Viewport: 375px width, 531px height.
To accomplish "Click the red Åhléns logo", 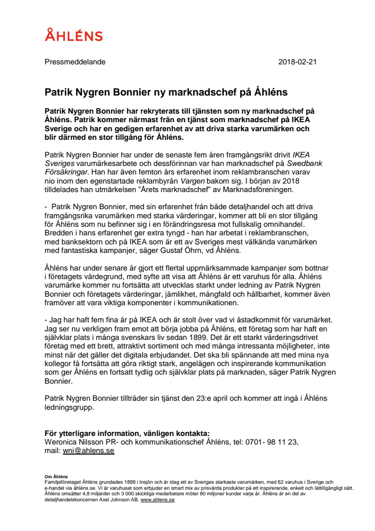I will [x=74, y=35].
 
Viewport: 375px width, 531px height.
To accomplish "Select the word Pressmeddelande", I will [x=75, y=62].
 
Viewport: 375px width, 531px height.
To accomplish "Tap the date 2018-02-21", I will [x=297, y=62].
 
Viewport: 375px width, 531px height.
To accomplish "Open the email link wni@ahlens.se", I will [x=88, y=451].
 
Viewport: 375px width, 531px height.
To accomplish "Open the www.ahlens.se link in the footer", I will [x=157, y=500].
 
